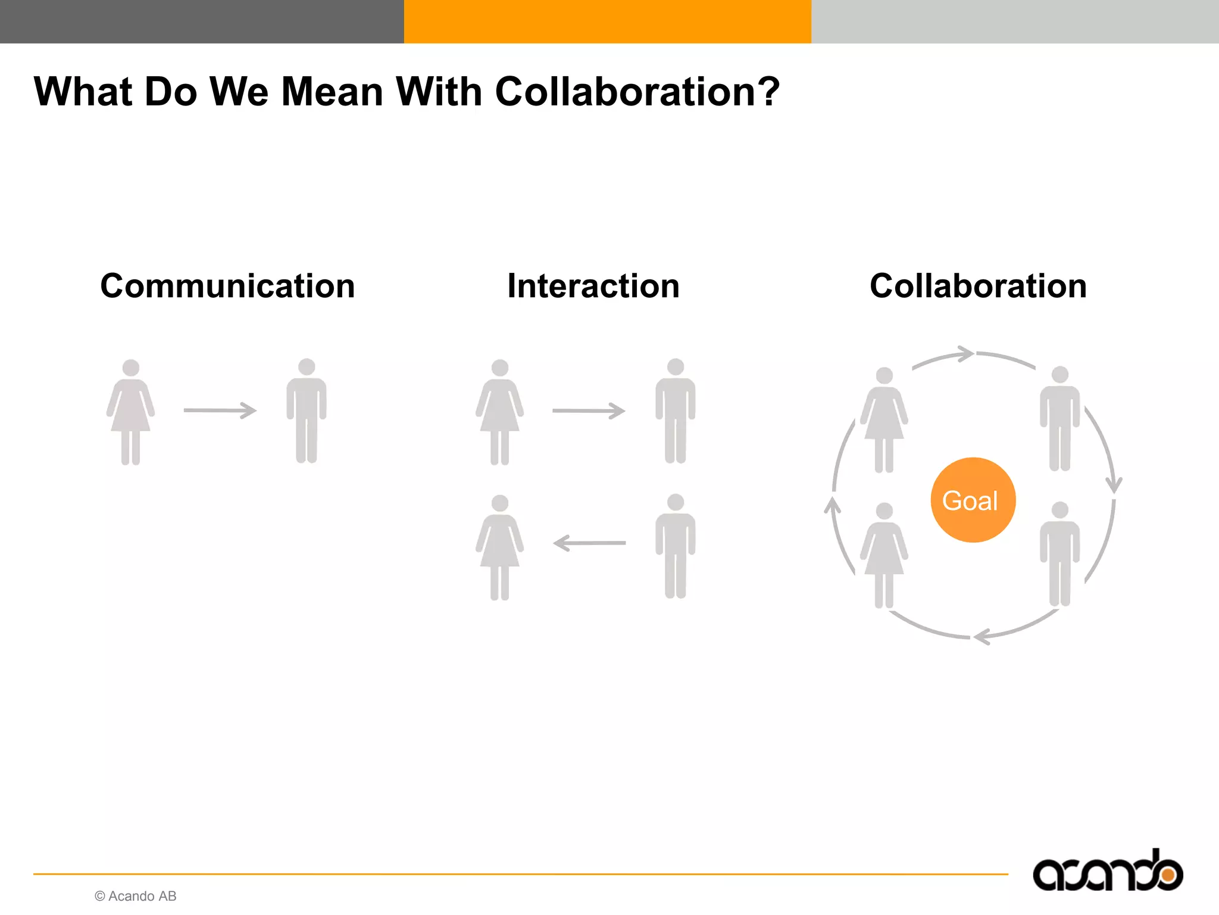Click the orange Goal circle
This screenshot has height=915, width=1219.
973,500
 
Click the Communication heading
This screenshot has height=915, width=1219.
227,286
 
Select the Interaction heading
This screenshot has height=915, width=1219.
593,286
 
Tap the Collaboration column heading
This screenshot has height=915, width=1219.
978,286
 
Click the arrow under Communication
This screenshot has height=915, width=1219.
220,410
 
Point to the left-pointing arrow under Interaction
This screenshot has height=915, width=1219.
589,543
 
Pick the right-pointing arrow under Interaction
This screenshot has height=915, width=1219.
589,410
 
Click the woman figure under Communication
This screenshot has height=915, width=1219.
131,411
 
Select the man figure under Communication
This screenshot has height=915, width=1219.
307,411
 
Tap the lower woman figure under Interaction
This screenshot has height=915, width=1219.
500,547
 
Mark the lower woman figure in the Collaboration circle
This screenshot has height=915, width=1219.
884,555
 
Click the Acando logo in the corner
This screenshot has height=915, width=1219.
1107,872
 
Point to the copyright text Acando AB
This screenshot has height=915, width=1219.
136,896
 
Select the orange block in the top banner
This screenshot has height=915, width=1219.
607,21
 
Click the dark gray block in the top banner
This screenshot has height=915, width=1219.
202,21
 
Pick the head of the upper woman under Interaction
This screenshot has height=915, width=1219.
500,368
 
